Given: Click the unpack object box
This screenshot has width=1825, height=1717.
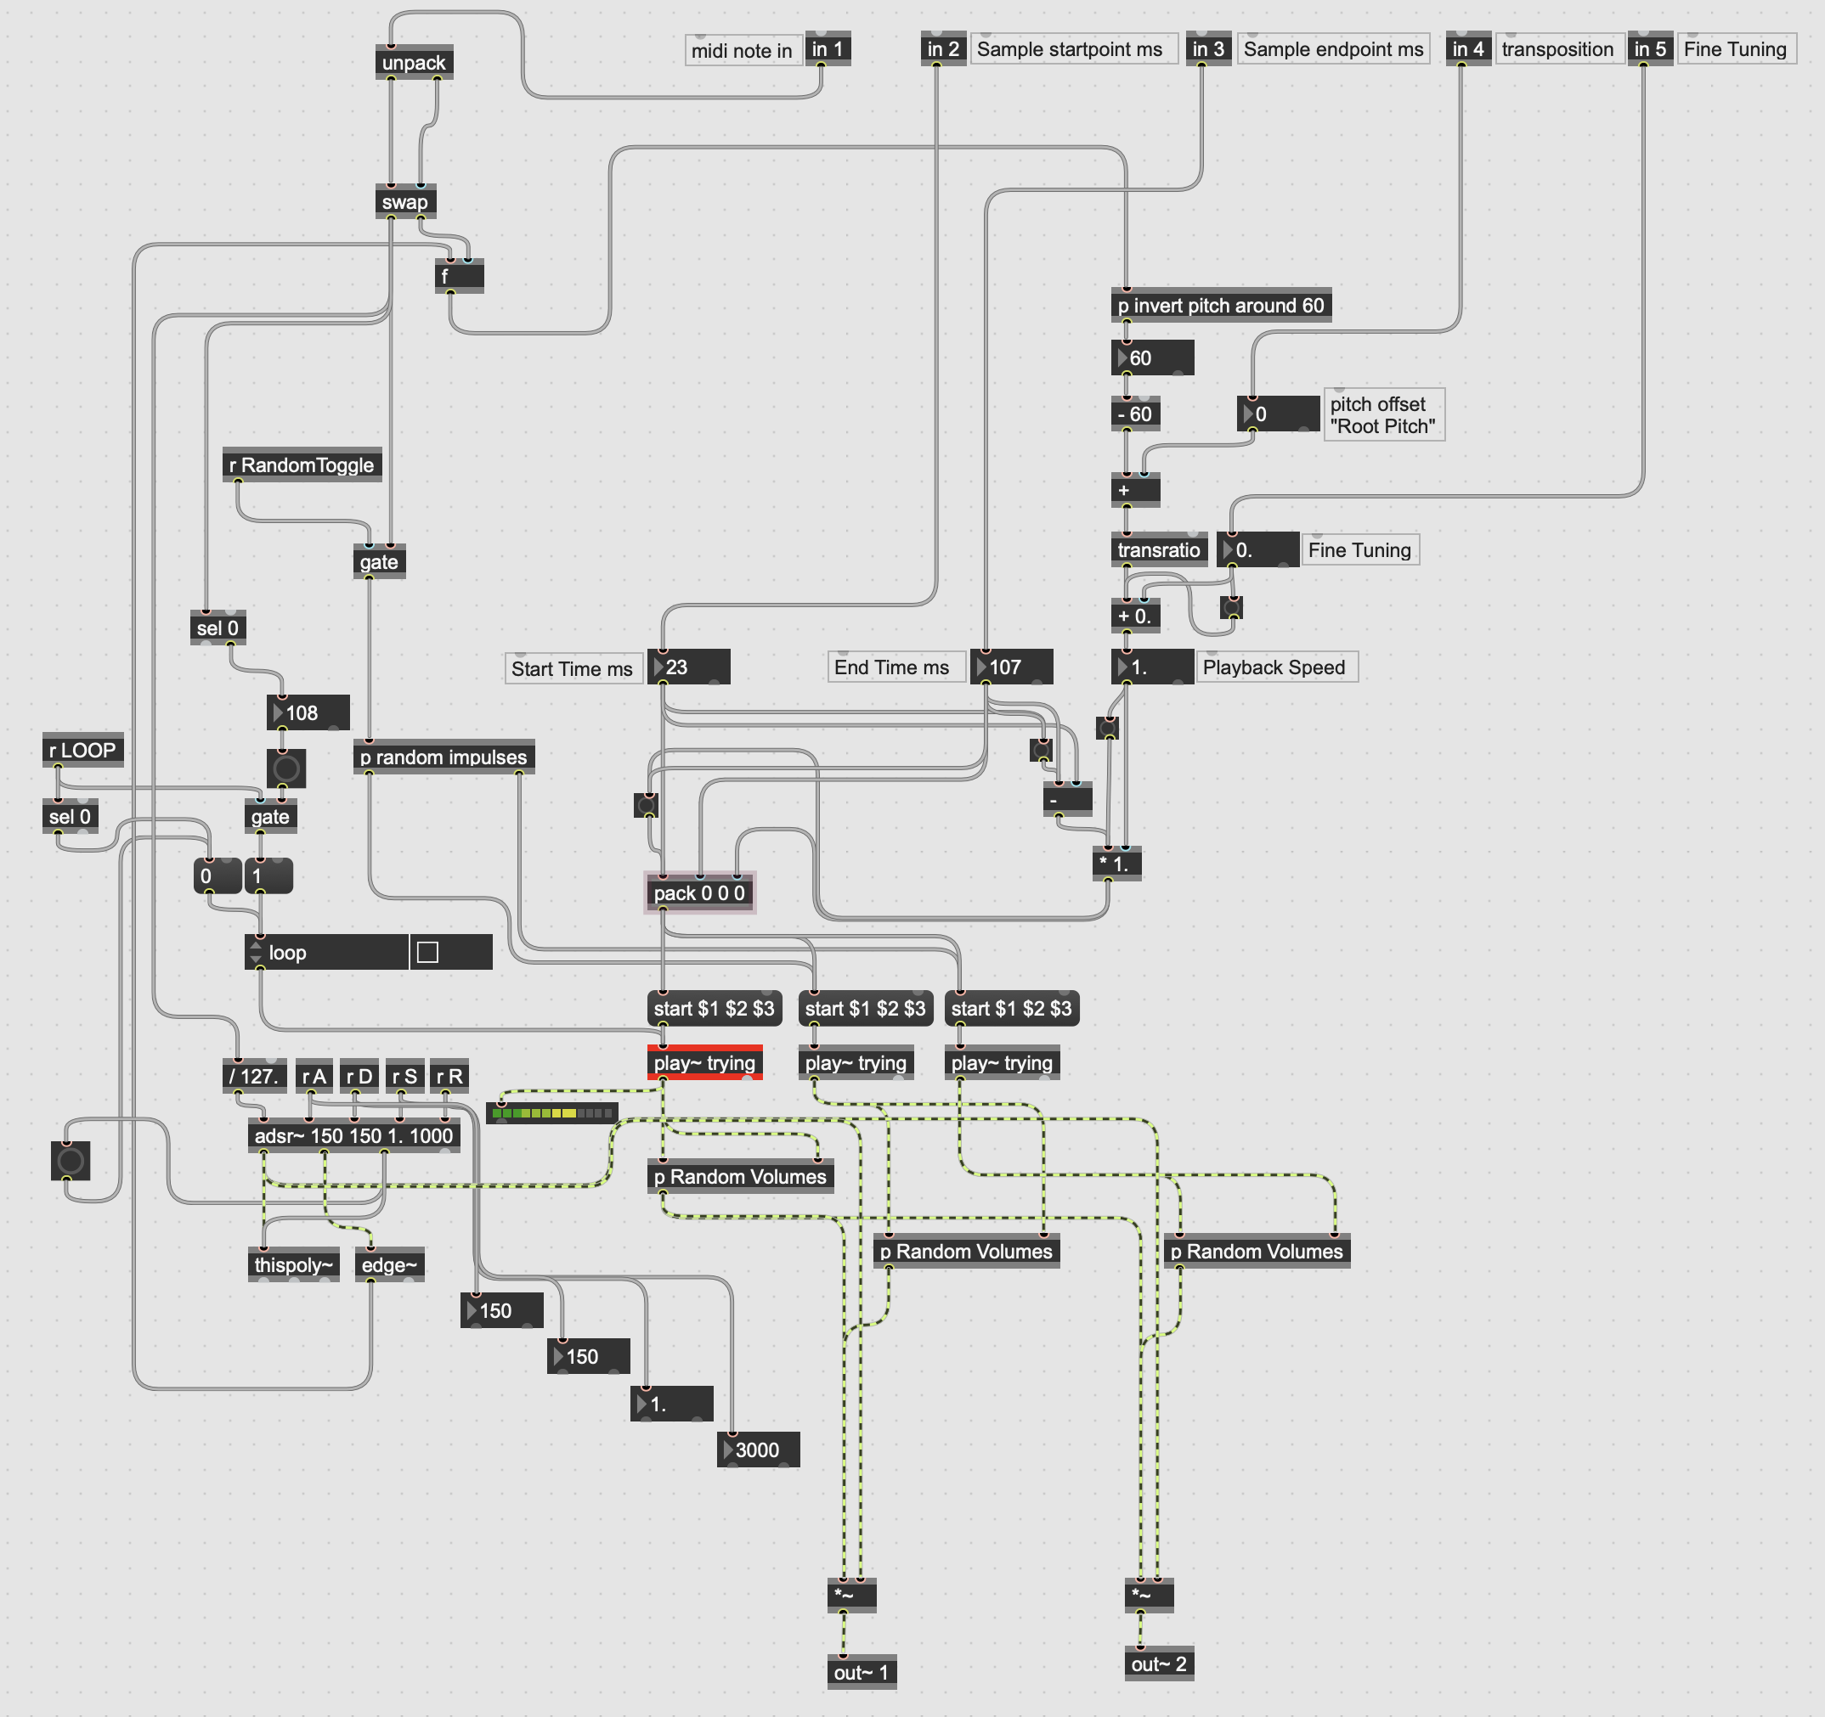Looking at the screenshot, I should (413, 62).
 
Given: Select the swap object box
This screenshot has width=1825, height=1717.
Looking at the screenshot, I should (404, 202).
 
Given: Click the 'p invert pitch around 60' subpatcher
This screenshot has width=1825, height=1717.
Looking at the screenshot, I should (1220, 306).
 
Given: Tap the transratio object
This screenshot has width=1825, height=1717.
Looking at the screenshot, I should (1159, 549).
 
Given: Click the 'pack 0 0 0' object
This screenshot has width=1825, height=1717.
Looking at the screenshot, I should (698, 893).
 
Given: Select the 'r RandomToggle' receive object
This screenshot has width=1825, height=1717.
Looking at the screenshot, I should (301, 465).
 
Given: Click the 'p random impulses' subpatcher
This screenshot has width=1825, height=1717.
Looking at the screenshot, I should (443, 757).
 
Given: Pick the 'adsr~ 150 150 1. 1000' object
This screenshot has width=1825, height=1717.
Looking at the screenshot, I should (353, 1135).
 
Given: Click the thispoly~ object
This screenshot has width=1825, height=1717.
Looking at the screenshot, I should (293, 1264).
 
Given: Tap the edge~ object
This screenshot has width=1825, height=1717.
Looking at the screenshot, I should (389, 1264).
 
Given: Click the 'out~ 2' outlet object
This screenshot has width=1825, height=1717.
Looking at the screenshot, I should (1159, 1664).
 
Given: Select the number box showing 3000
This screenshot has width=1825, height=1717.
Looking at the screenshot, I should (758, 1450).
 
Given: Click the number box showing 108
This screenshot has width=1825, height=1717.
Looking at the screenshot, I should (308, 713).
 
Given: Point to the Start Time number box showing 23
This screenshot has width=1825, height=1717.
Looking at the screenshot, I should (689, 667).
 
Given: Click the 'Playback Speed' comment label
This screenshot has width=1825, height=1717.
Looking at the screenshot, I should (1274, 667).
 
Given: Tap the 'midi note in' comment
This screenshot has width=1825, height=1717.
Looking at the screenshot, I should (742, 50).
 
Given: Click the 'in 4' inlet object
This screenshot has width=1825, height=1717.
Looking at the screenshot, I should (1468, 48).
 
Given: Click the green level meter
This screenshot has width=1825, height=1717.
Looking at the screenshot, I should (551, 1113).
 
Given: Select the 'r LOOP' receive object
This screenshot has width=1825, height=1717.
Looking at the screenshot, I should (82, 750).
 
